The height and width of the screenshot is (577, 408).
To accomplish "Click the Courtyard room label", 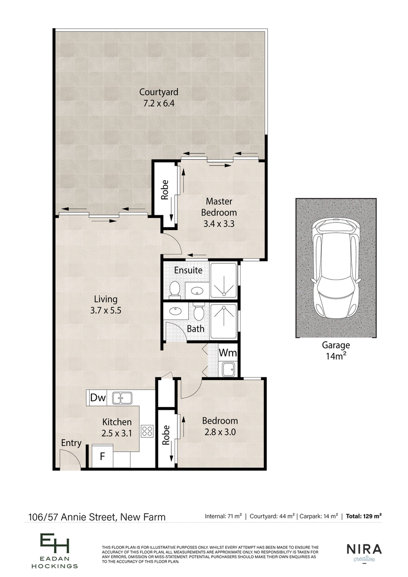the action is pyautogui.click(x=159, y=97).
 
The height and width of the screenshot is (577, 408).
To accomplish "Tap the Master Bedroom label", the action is pyautogui.click(x=219, y=212).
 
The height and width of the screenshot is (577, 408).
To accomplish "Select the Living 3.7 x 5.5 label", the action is pyautogui.click(x=106, y=305).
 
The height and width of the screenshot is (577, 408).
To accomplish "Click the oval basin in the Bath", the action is pyautogui.click(x=176, y=311).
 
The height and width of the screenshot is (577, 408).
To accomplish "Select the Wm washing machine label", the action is pyautogui.click(x=228, y=353).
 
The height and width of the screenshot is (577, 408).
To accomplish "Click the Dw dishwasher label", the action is pyautogui.click(x=98, y=397).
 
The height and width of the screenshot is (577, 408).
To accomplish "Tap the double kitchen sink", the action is pyautogui.click(x=122, y=397).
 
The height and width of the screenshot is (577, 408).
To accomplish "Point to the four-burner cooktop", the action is pyautogui.click(x=147, y=431).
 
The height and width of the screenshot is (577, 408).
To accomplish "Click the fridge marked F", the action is pyautogui.click(x=103, y=456).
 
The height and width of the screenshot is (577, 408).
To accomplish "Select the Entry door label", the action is pyautogui.click(x=71, y=443).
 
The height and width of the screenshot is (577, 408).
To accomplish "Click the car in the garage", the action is pyautogui.click(x=336, y=267).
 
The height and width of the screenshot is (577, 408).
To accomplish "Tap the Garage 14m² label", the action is pyautogui.click(x=336, y=350).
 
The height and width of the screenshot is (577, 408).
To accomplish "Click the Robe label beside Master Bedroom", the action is pyautogui.click(x=165, y=190).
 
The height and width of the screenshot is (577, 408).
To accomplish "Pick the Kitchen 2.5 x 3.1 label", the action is pyautogui.click(x=117, y=428).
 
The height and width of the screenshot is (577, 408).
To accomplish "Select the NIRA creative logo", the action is pyautogui.click(x=364, y=553).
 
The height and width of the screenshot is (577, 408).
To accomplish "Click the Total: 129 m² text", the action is pyautogui.click(x=363, y=516).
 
